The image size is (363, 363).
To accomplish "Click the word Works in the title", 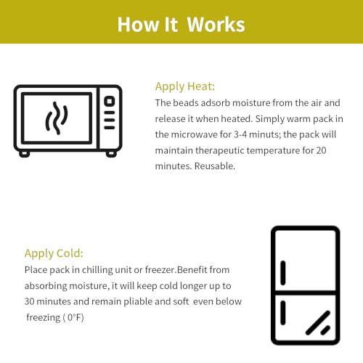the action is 216,25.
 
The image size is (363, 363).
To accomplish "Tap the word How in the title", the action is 139,25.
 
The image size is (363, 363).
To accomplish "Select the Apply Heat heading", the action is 185,86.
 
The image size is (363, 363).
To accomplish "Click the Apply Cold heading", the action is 54,253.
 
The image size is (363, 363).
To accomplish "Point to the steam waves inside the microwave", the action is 57,118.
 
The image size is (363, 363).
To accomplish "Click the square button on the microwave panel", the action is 110,101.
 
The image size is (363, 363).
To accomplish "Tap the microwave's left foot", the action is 25,154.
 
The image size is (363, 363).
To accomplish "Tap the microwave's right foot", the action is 111,154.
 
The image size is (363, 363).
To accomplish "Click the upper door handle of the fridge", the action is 283,273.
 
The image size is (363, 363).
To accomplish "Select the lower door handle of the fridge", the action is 283,312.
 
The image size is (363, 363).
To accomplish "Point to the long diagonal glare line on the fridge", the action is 318,323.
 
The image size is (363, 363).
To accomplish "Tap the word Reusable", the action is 215,166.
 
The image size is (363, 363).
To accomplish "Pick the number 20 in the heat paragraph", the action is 321,150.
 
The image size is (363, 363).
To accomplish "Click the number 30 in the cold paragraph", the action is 29,301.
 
